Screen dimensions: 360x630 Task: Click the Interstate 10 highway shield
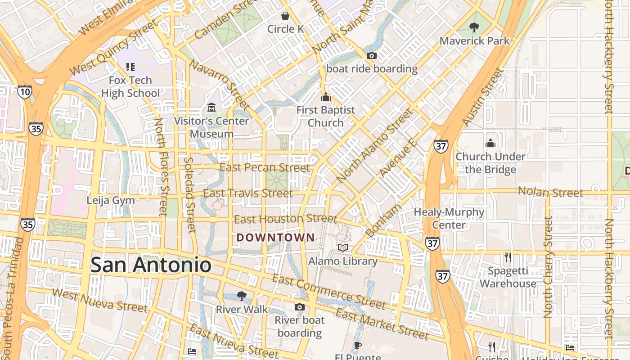25,92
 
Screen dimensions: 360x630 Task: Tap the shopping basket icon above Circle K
285,16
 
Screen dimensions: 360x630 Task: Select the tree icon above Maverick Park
474,27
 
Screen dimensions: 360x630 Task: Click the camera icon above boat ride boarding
372,56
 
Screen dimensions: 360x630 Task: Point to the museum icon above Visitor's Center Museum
211,108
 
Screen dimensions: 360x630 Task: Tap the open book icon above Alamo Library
343,248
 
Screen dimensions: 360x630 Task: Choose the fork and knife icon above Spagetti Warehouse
508,257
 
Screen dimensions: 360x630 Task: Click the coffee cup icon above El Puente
358,346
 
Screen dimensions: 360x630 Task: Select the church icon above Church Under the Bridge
490,144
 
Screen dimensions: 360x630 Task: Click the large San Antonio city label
151,265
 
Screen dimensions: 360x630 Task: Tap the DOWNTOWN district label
276,237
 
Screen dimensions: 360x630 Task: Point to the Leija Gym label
111,200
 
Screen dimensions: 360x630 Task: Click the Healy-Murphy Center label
449,218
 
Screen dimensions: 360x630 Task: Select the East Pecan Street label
265,168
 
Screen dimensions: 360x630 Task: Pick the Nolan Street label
550,192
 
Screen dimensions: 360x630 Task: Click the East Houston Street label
285,219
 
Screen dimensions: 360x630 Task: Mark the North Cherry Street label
548,267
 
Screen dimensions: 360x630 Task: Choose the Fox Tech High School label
130,87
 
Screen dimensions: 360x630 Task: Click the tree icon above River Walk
242,296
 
